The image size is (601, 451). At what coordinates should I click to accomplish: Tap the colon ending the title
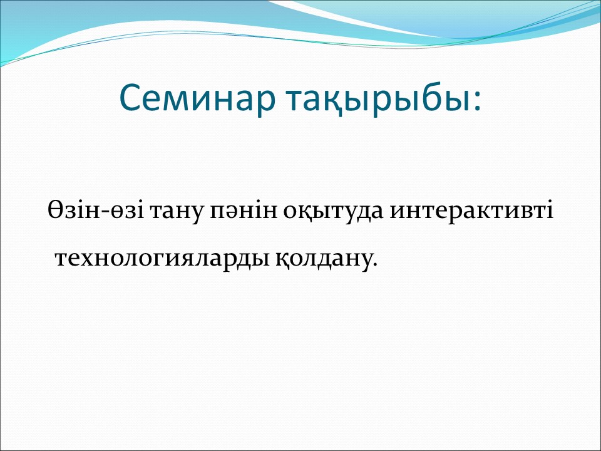[477, 100]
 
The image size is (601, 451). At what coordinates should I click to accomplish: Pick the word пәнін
[244, 210]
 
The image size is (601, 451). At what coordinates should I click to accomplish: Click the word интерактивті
[471, 210]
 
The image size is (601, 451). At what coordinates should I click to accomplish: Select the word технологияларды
[163, 259]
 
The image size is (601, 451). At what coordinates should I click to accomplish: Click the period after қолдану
[374, 264]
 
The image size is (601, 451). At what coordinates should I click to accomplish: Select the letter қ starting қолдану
[282, 259]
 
